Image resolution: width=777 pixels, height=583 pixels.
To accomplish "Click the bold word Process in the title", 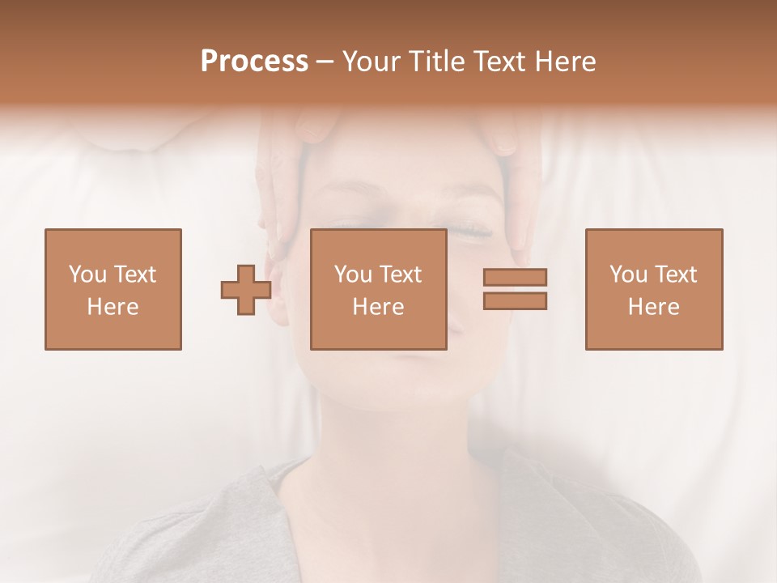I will coord(254,62).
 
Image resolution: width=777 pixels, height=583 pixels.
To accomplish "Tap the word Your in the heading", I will coord(369,62).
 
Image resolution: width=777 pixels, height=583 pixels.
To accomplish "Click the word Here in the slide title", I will coord(564,62).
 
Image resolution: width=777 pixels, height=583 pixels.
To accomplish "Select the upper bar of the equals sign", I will coord(515,277).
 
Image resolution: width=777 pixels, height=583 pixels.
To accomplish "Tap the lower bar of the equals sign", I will coord(515,300).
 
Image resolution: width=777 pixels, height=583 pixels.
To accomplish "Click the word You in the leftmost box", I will coord(87,274).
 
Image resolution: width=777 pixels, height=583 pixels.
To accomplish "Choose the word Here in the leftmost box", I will coord(113,307).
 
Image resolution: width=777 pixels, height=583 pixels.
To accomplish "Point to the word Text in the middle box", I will coord(401,274).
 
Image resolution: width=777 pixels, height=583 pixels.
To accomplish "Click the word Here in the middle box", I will coord(378,307).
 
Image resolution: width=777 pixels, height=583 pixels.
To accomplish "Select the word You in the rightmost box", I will coord(629,274).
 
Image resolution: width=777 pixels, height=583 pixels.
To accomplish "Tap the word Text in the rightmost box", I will coord(676,274).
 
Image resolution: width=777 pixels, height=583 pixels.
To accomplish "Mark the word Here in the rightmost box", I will coord(653,307).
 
